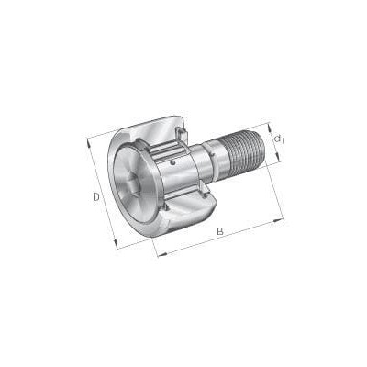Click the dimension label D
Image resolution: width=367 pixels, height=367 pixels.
click(x=96, y=196)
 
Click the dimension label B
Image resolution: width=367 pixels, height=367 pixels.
click(x=220, y=231)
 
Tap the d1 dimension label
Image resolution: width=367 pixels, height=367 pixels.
click(x=279, y=139)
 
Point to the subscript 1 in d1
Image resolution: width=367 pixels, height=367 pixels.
click(x=283, y=141)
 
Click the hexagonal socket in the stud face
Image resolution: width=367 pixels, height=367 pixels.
click(x=135, y=182)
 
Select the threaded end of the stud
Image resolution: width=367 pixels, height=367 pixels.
click(x=241, y=150)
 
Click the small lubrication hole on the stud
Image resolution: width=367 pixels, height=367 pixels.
click(x=173, y=163)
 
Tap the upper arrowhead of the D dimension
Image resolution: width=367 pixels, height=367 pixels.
click(x=88, y=143)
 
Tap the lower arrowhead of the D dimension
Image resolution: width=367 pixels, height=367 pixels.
click(x=116, y=244)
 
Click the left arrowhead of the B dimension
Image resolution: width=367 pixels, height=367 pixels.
click(x=162, y=254)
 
